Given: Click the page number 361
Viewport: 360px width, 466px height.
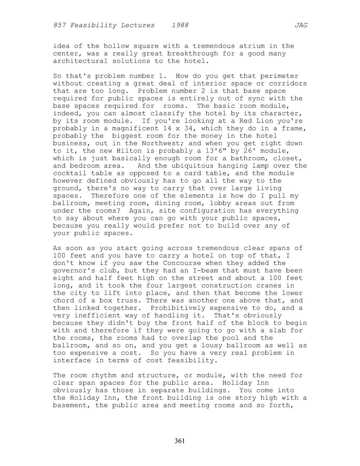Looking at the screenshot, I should click(180, 441).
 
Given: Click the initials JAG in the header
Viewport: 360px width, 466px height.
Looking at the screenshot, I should click(301, 25).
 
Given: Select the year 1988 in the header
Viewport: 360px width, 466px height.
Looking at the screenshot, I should click(180, 25).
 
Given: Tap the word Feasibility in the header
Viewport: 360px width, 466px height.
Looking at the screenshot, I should click(112, 25).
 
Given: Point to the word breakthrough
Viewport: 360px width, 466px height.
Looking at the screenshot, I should click(192, 54).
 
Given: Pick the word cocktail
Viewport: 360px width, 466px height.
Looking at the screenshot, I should click(70, 173).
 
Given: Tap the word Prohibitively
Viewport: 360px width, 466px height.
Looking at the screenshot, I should click(178, 308).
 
